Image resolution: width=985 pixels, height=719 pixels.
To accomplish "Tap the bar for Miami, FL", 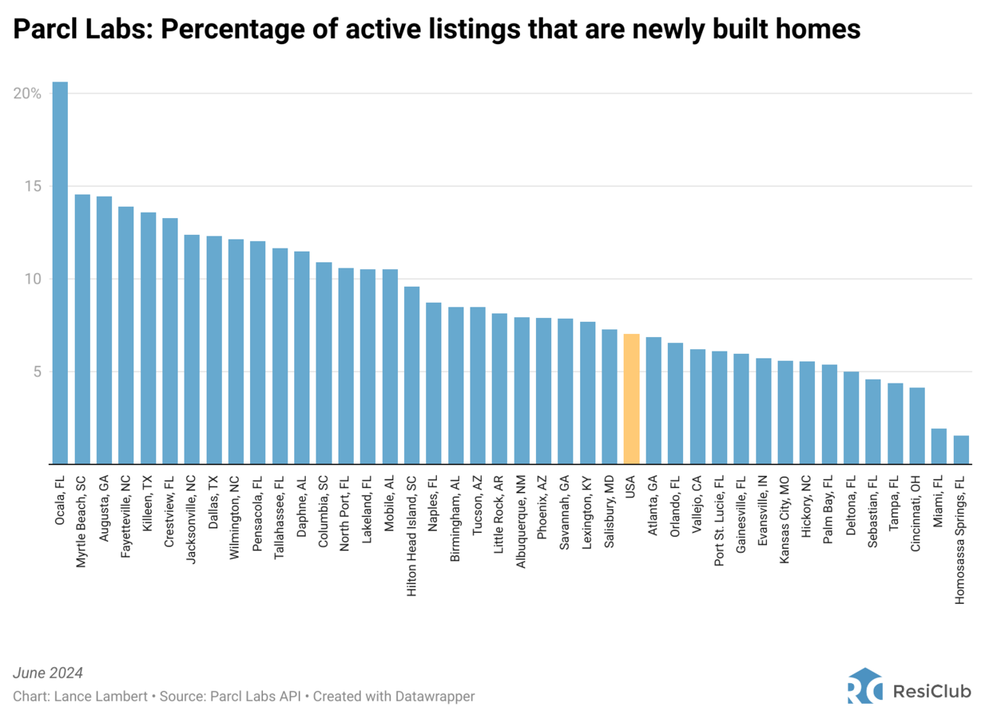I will (x=938, y=446).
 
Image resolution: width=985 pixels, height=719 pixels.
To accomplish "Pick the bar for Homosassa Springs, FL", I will (x=961, y=450).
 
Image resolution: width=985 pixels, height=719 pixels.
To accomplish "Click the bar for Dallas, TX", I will (x=213, y=350).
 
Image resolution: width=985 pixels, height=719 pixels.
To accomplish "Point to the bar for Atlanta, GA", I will (x=653, y=400).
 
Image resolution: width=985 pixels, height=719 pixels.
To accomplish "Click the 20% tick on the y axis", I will (x=27, y=94).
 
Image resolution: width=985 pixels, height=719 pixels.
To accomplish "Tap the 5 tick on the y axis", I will (x=36, y=372).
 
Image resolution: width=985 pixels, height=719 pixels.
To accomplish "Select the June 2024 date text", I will (x=48, y=673).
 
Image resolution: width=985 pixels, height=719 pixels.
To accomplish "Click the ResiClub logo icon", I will (x=864, y=687).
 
